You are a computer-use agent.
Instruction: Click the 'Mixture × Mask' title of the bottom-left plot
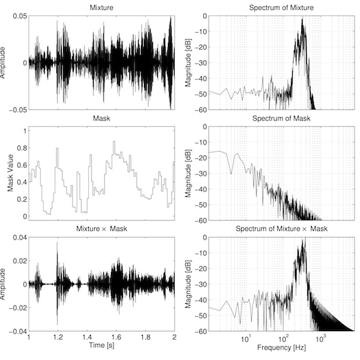click(x=101, y=230)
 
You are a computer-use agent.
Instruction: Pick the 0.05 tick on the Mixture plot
click(x=19, y=15)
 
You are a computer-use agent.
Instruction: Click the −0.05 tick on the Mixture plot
click(x=17, y=109)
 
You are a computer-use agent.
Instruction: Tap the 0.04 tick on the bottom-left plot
click(x=19, y=237)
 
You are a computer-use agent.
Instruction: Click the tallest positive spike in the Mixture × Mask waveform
click(x=58, y=243)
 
